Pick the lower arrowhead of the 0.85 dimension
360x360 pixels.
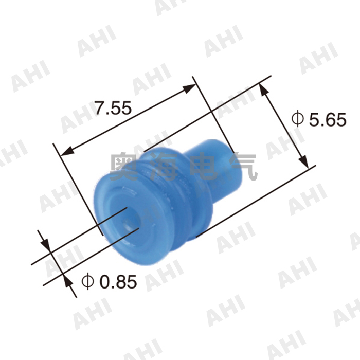pos(67,281)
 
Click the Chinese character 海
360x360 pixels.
pos(167,166)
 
